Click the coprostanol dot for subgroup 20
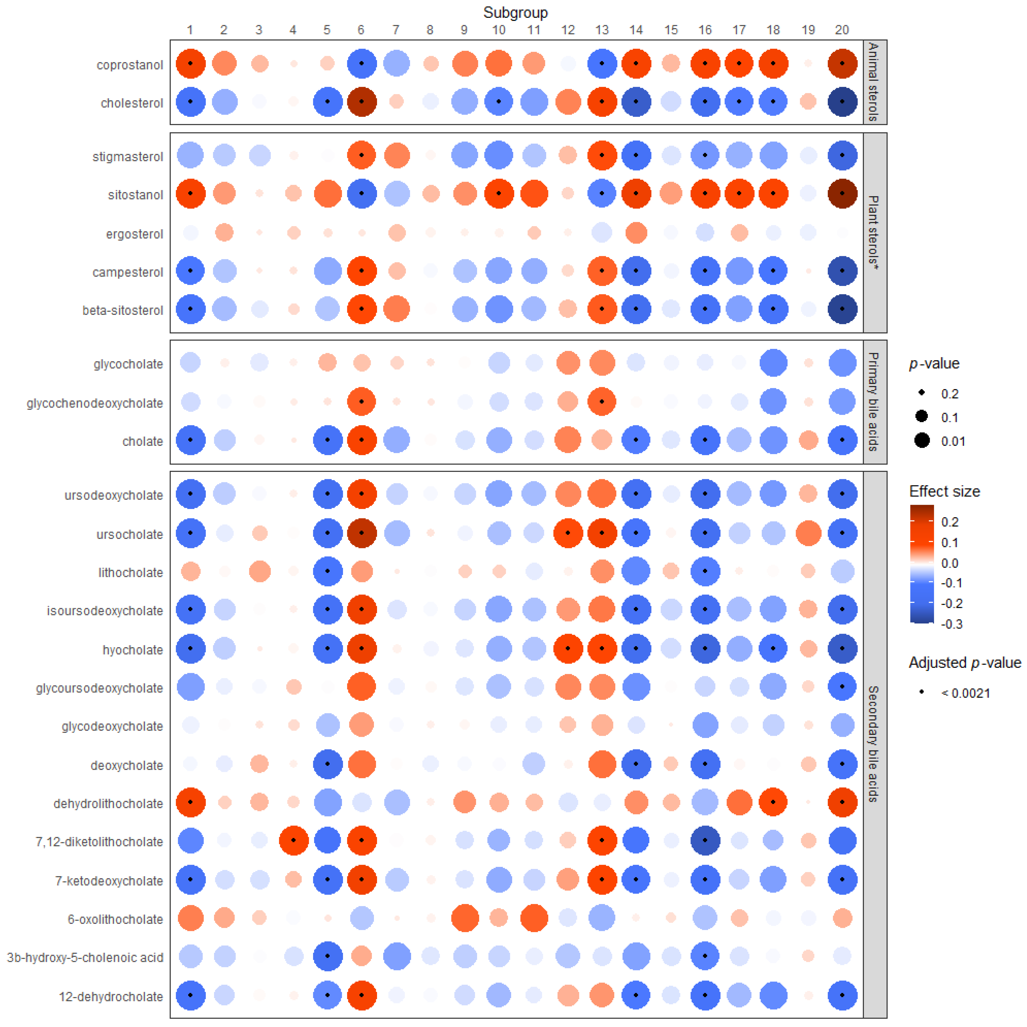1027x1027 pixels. point(842,63)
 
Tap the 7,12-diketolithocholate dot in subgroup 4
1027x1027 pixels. point(294,840)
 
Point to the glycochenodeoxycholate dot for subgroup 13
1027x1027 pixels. point(602,401)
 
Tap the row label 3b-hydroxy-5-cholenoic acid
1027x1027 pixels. point(85,957)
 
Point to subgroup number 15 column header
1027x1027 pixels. point(671,30)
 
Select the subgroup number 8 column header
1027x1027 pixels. point(430,30)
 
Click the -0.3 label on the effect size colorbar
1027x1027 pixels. point(952,624)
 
